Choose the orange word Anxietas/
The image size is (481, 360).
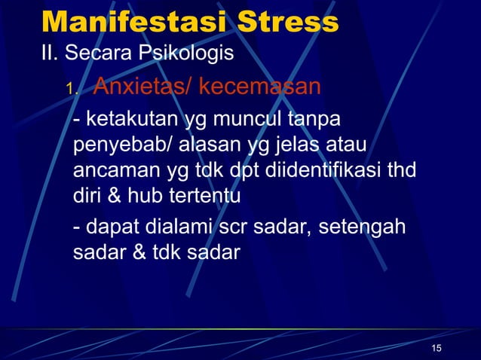142,87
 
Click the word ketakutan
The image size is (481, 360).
130,121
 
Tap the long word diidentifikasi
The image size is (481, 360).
323,171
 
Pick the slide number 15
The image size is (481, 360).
437,346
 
